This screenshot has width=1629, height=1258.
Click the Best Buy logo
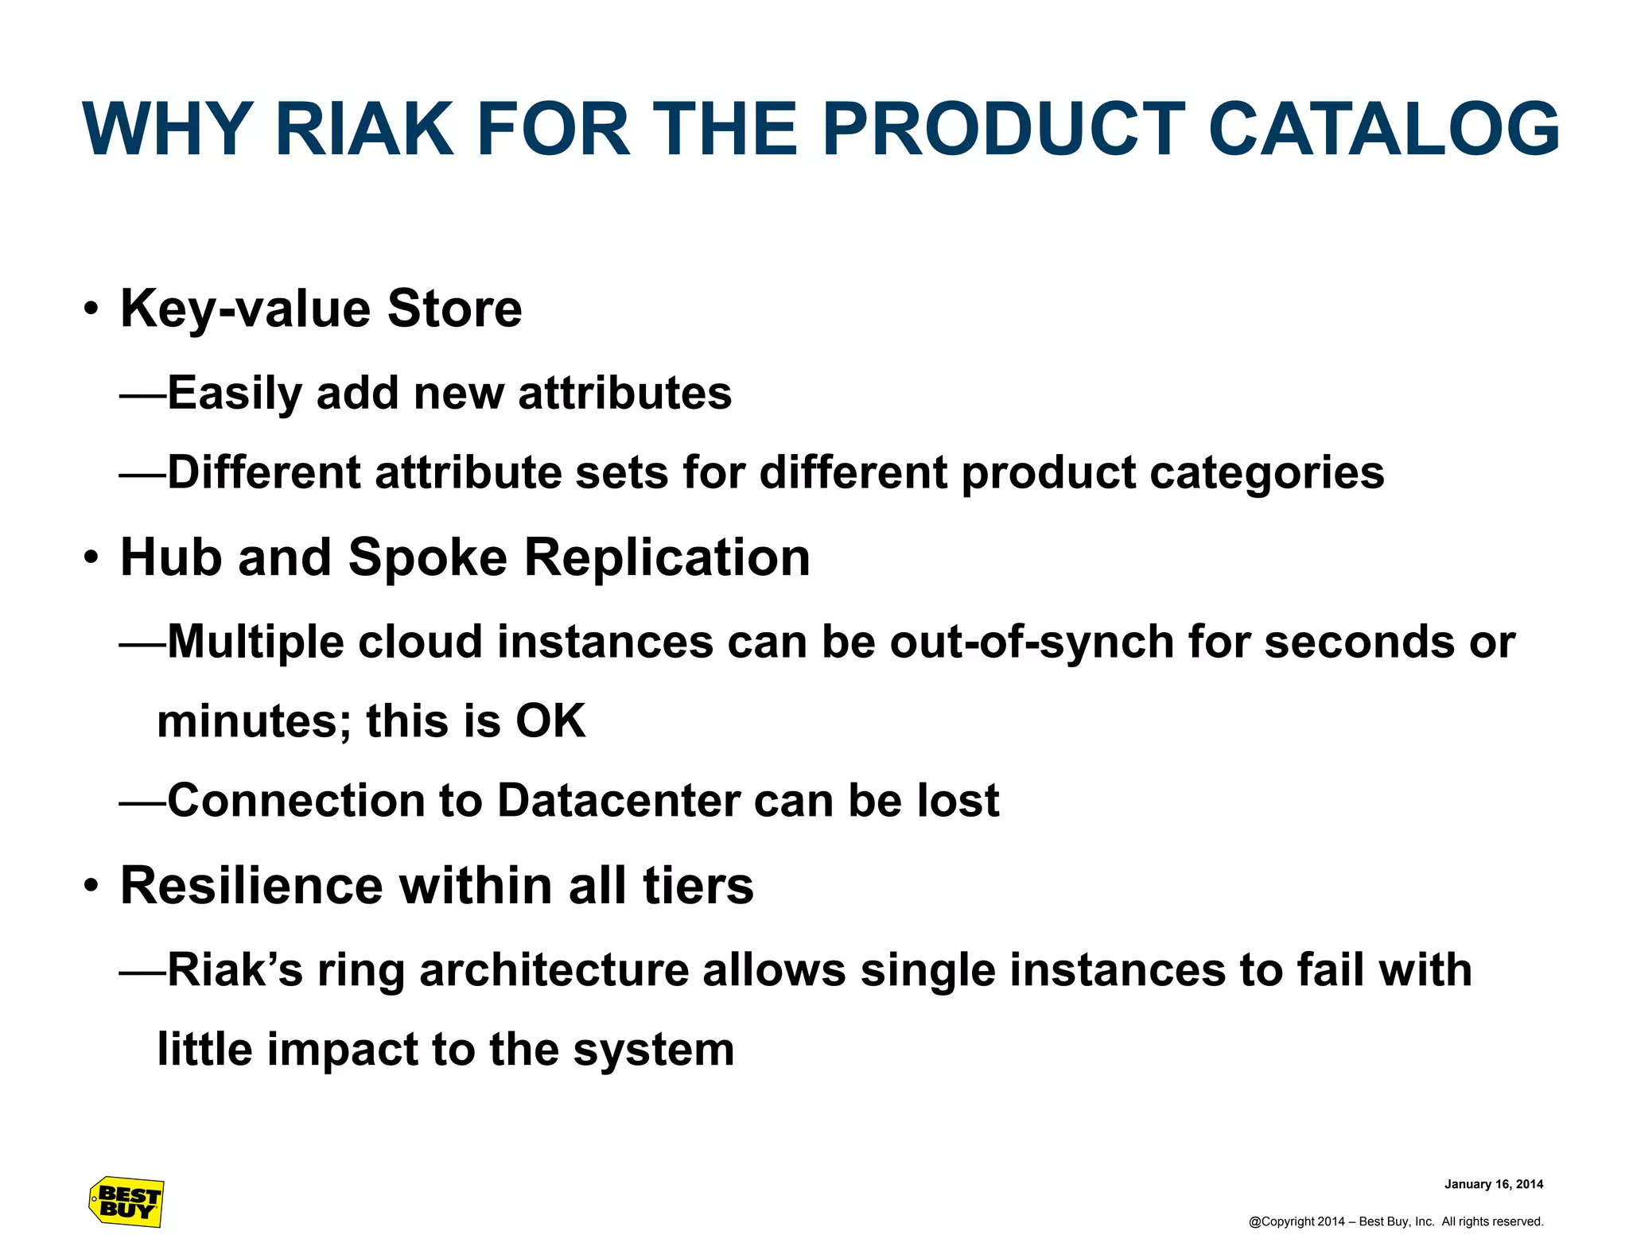126,1202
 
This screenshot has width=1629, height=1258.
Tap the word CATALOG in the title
1383,129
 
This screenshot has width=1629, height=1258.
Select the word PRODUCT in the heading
1003,129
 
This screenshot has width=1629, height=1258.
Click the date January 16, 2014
1493,1184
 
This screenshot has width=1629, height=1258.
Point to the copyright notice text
1395,1221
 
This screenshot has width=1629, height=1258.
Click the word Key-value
245,309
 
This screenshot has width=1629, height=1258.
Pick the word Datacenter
618,800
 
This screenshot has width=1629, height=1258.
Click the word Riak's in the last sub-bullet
235,970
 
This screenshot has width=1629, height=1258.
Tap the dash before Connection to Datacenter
142,802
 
